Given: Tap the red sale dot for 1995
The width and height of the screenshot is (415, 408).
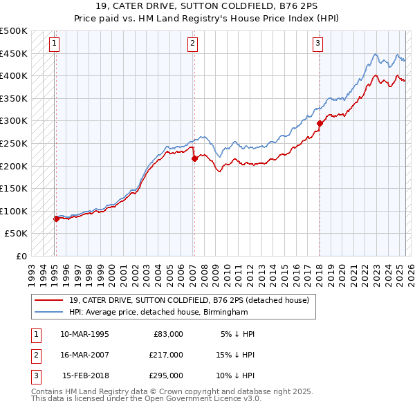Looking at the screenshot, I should coord(56,219).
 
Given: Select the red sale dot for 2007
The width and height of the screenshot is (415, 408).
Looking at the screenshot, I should coord(194,158).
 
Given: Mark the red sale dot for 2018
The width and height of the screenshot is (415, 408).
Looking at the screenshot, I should coord(320,124).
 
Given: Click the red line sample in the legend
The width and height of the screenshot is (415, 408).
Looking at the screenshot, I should coord(50,299).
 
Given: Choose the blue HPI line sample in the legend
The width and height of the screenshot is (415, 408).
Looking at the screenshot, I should coord(50,312).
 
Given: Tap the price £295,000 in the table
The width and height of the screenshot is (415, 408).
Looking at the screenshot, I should coord(166,375).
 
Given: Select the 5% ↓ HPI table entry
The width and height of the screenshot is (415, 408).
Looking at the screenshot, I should coord(237,334).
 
